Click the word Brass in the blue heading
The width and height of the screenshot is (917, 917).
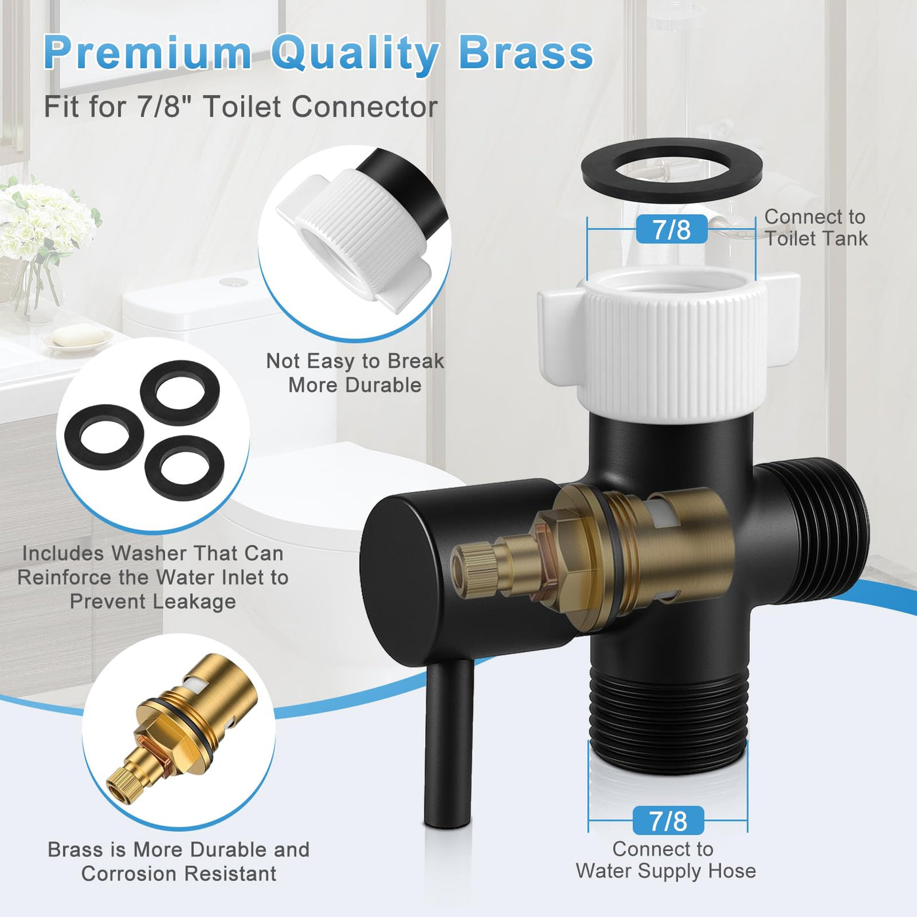(x=526, y=53)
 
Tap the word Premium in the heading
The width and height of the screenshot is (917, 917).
(x=147, y=53)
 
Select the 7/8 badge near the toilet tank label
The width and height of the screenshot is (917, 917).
(x=671, y=229)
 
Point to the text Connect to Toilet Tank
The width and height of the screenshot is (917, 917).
(x=816, y=227)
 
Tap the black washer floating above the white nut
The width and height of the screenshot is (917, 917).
(x=672, y=170)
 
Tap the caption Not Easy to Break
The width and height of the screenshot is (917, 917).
(x=355, y=361)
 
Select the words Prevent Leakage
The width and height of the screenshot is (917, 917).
(x=153, y=602)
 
